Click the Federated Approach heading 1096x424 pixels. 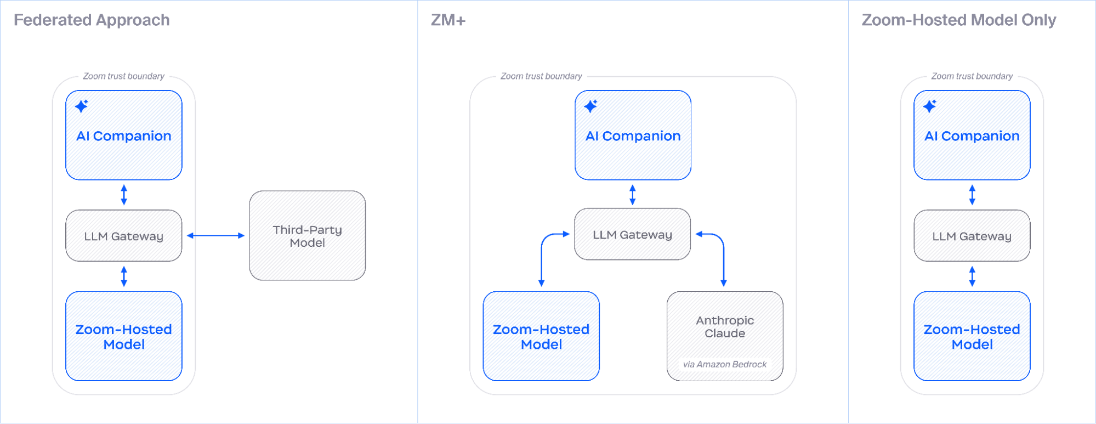coord(92,20)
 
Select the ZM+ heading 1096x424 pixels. coord(448,20)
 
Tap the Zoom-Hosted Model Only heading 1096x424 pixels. coord(958,20)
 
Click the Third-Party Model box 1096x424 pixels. coord(307,236)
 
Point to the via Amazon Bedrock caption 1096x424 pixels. coord(724,364)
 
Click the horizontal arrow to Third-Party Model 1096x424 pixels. coord(215,236)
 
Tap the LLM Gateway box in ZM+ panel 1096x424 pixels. coord(632,235)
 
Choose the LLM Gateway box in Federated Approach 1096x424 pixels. coord(124,236)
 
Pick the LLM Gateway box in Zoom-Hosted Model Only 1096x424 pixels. coord(972,236)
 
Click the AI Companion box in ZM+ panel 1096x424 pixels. coord(633,135)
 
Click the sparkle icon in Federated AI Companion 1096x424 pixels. coord(82,106)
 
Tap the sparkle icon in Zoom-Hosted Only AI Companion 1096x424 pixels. coord(930,106)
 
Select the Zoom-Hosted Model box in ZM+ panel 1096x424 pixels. coord(541,336)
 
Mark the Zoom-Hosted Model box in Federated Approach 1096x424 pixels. coord(124,336)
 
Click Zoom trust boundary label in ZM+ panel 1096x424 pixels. coord(541,76)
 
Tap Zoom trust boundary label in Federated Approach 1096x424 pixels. coord(123,76)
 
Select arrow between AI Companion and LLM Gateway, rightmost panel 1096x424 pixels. coord(972,195)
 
